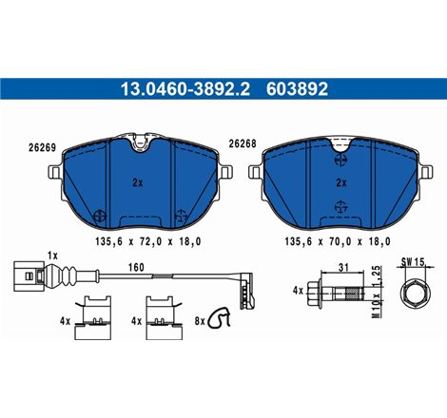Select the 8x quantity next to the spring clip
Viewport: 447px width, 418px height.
[199, 321]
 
